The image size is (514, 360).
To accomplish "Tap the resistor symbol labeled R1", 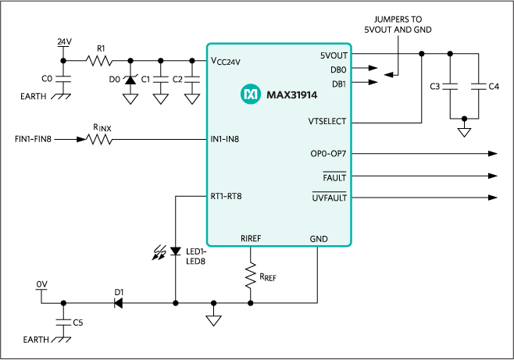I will [x=100, y=60].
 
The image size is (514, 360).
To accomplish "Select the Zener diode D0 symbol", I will [x=129, y=78].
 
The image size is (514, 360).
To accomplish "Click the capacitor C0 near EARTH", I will [x=64, y=79].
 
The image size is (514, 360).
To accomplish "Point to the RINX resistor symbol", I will [x=99, y=140].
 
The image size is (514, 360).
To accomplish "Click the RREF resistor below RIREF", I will [x=250, y=276].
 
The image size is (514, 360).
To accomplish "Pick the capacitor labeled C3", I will [x=451, y=85].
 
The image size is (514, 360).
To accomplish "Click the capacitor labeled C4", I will [x=478, y=85].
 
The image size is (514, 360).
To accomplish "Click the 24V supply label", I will [x=65, y=41].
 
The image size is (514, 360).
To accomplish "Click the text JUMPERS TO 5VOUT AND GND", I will [x=398, y=25].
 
